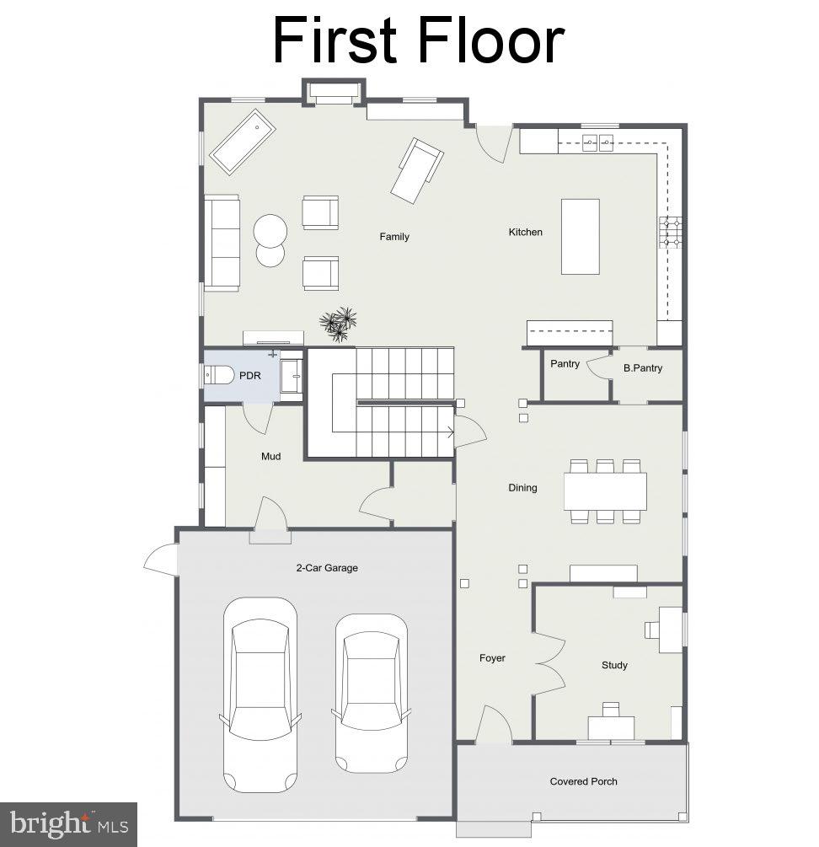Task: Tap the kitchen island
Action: coord(581,236)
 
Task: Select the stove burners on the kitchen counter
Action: coord(671,232)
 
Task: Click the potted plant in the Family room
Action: coord(339,323)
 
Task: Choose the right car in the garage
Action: coord(371,688)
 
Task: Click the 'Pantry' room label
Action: coord(565,364)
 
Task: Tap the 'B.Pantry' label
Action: coord(643,368)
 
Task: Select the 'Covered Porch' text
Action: coord(583,781)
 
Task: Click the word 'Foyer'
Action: coord(492,658)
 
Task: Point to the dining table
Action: coord(605,491)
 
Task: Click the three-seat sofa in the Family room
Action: coord(222,242)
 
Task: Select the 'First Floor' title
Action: coord(417,40)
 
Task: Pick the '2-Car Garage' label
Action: coord(326,568)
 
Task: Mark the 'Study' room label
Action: coord(614,665)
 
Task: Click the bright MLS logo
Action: coord(69,823)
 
